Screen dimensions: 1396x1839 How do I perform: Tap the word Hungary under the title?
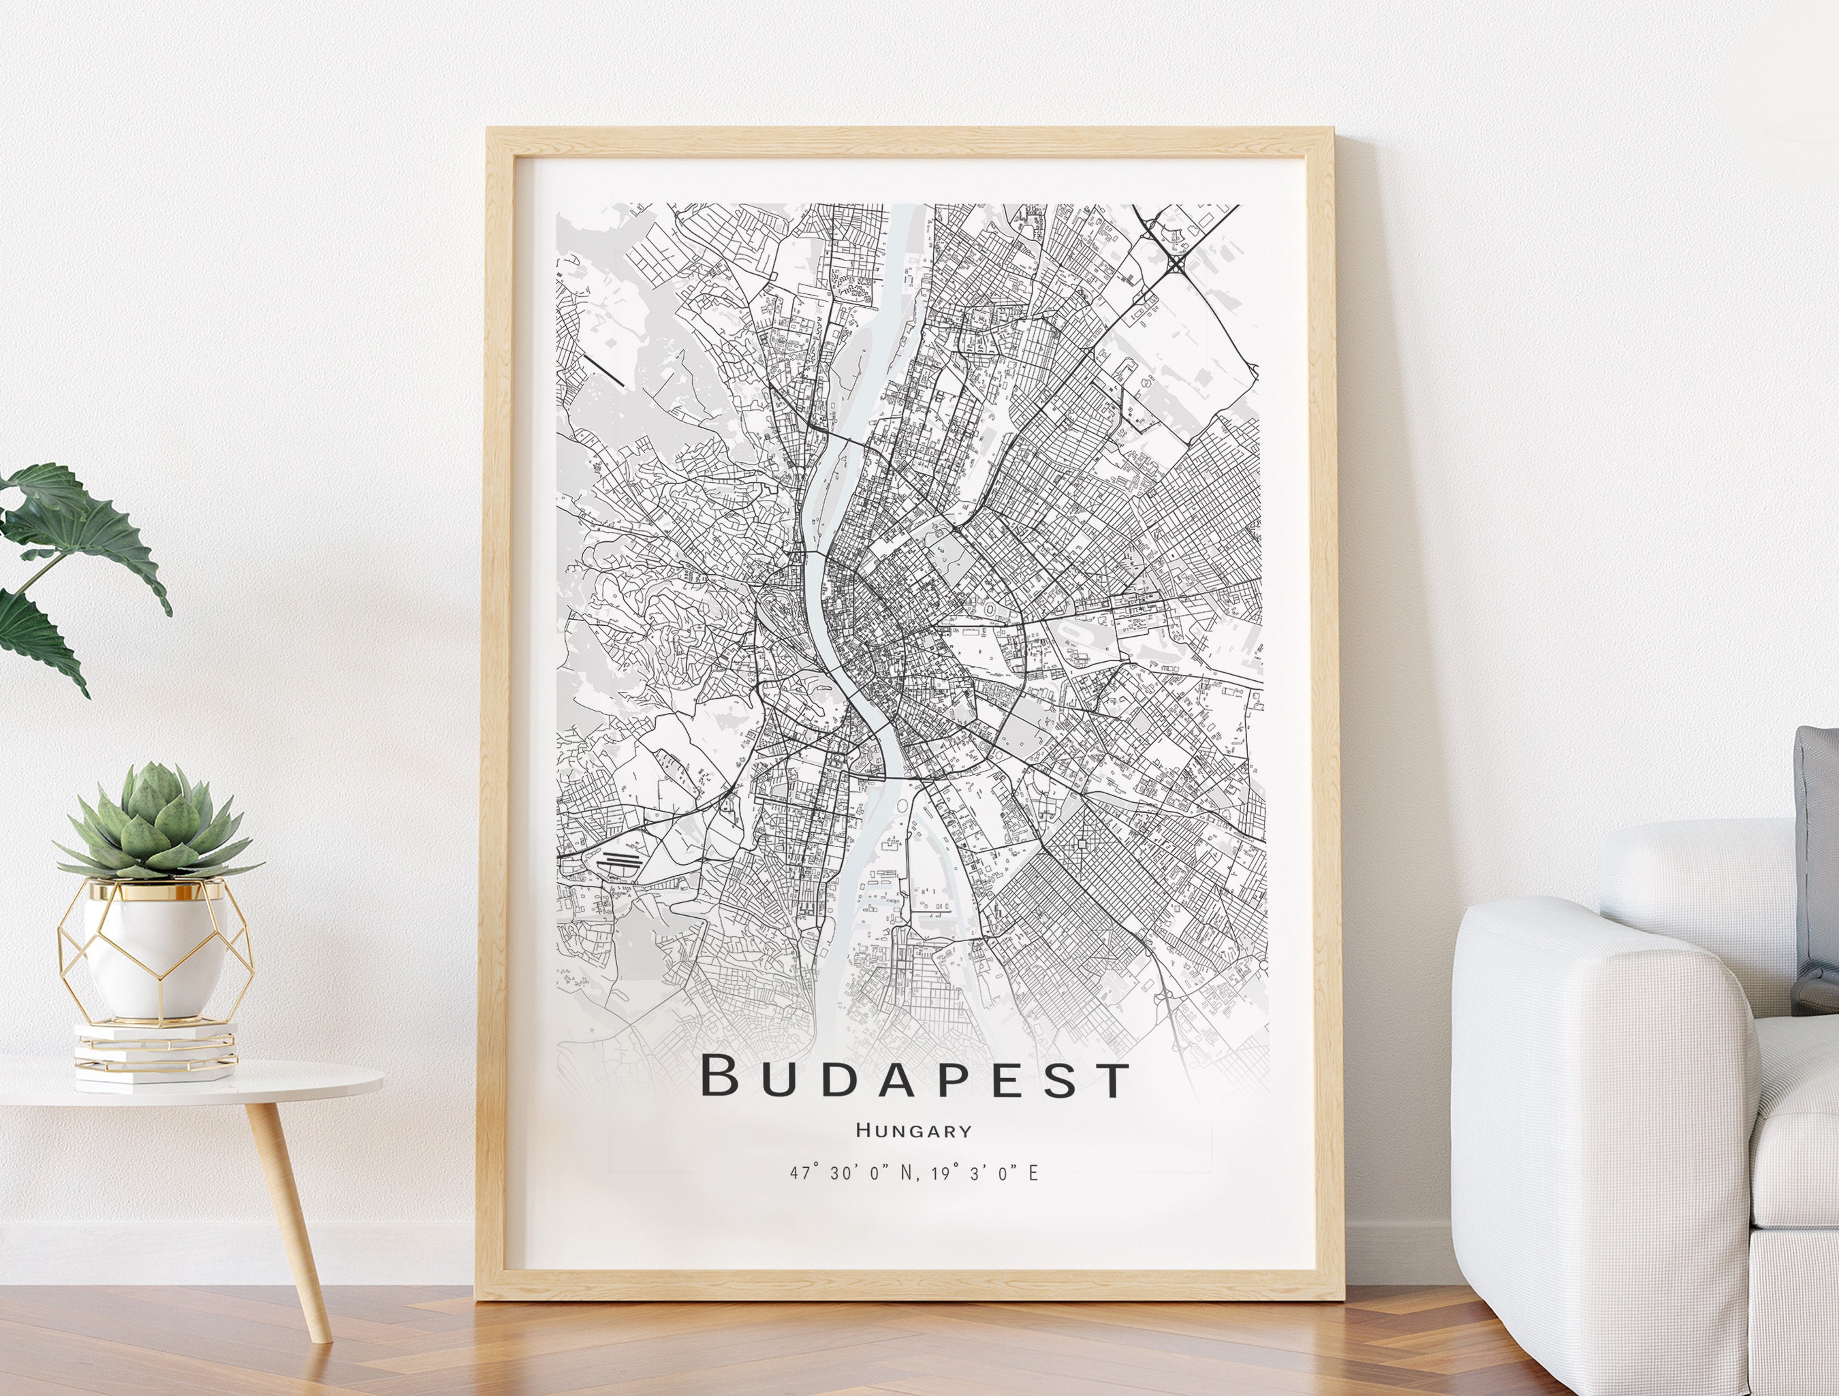click(913, 1131)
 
